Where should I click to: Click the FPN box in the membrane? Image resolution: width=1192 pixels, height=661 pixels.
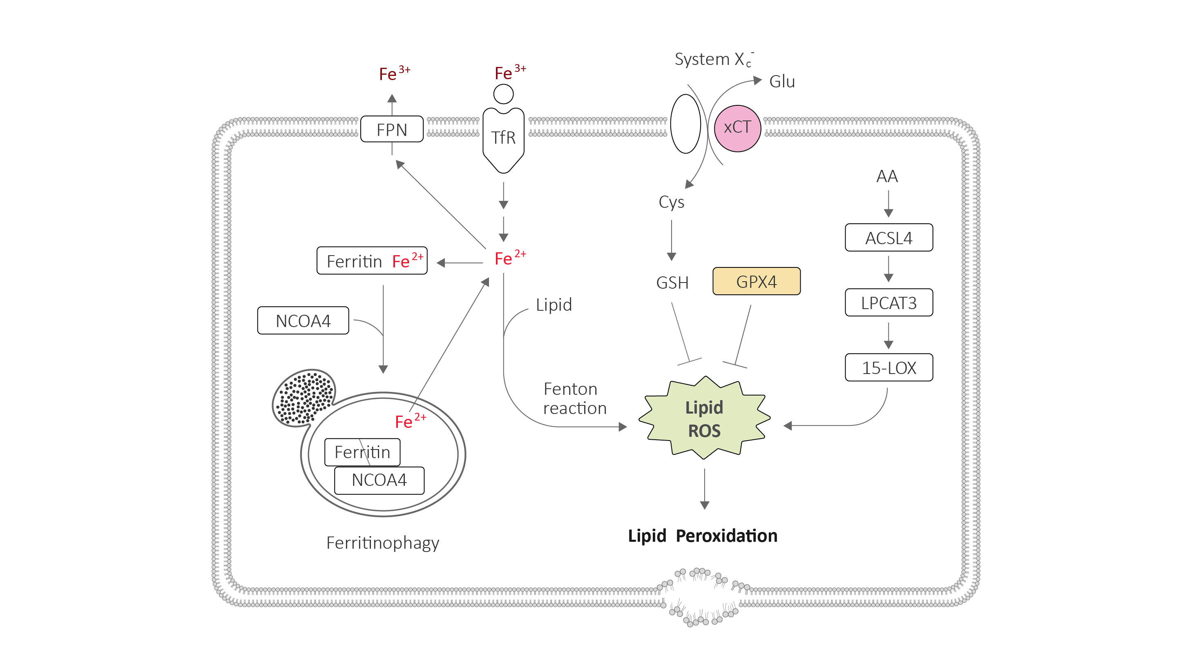point(391,129)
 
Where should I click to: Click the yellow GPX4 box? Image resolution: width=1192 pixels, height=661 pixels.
point(756,281)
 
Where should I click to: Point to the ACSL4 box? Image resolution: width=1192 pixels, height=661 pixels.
point(888,238)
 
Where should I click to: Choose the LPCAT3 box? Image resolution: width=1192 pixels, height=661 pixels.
point(888,303)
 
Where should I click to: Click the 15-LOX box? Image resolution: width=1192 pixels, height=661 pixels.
point(888,367)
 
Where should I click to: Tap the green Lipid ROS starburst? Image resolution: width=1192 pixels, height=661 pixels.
point(704,418)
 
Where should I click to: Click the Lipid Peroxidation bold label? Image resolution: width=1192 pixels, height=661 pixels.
point(703,536)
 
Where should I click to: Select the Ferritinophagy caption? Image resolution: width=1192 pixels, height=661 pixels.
point(383,542)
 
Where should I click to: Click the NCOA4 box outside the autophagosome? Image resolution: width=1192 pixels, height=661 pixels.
point(303,320)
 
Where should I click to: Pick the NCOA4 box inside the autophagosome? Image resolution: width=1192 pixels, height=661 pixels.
point(379,480)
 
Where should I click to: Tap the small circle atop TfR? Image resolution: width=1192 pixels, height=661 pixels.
point(503,94)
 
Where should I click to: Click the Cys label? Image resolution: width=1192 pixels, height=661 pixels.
point(671,202)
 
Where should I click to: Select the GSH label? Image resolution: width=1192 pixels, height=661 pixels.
point(672,282)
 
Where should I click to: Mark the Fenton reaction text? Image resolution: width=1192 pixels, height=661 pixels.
point(574,398)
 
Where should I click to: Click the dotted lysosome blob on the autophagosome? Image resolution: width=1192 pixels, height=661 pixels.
point(304,397)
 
